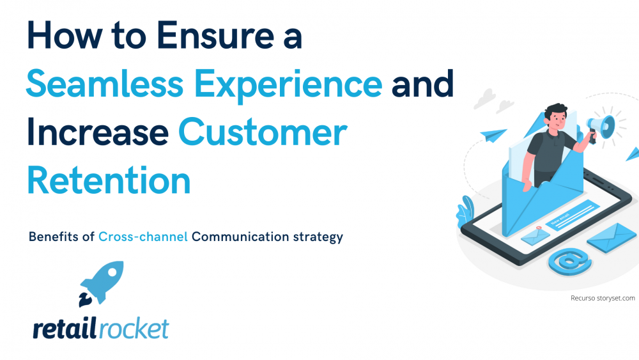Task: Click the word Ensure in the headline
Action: click(x=215, y=35)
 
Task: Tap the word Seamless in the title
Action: click(x=105, y=84)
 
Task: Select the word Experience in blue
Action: click(x=288, y=86)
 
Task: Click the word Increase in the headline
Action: click(x=98, y=132)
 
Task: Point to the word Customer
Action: click(x=263, y=132)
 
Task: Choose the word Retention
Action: click(x=109, y=180)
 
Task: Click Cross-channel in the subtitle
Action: click(x=143, y=237)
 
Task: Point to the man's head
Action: click(x=556, y=116)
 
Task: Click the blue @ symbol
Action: click(x=570, y=262)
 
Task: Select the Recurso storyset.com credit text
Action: click(x=603, y=298)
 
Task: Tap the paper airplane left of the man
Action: click(x=493, y=135)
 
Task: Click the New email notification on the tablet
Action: click(x=573, y=215)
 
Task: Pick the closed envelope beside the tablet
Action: click(x=612, y=237)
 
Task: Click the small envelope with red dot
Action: click(x=535, y=236)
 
